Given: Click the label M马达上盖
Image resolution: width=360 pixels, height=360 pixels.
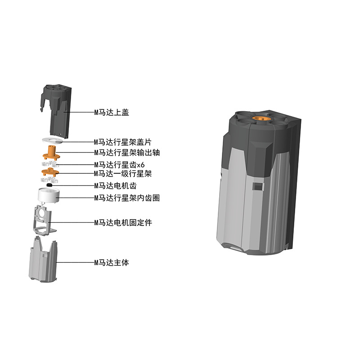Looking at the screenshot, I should pos(111,112).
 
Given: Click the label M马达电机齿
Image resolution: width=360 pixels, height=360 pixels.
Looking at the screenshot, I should pos(114,185).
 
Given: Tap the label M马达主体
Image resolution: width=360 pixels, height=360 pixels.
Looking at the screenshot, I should pos(111,262).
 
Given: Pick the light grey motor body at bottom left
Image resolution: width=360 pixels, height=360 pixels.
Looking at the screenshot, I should pos(44,263).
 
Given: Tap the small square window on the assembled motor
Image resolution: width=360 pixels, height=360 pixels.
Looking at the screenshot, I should pos(257,186).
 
